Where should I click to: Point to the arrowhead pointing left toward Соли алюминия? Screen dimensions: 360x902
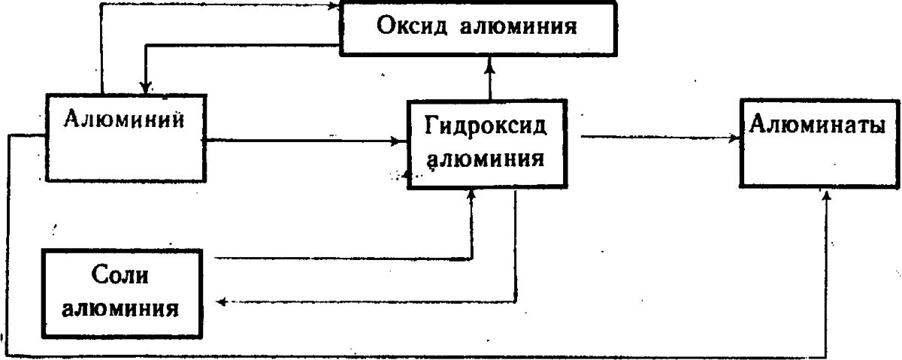tap(220, 302)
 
